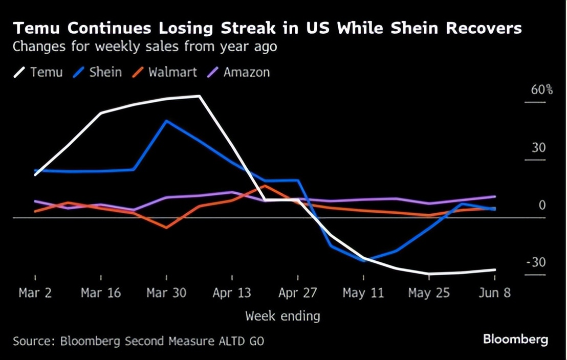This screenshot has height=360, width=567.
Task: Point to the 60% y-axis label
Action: click(542, 90)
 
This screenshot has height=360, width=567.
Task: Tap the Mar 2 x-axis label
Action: click(35, 293)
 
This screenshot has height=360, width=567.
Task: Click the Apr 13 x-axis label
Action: click(232, 293)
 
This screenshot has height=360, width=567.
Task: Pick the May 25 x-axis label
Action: click(429, 293)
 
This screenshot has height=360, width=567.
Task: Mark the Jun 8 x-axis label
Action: click(495, 293)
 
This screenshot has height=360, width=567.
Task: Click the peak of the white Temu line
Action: click(199, 96)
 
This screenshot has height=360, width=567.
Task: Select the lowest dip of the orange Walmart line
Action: click(166, 228)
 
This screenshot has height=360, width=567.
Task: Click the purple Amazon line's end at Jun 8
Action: click(495, 196)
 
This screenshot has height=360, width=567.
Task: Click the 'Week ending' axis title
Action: click(282, 316)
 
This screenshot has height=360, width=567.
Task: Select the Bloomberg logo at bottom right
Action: click(515, 339)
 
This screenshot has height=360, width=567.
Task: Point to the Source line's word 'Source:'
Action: click(34, 341)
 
